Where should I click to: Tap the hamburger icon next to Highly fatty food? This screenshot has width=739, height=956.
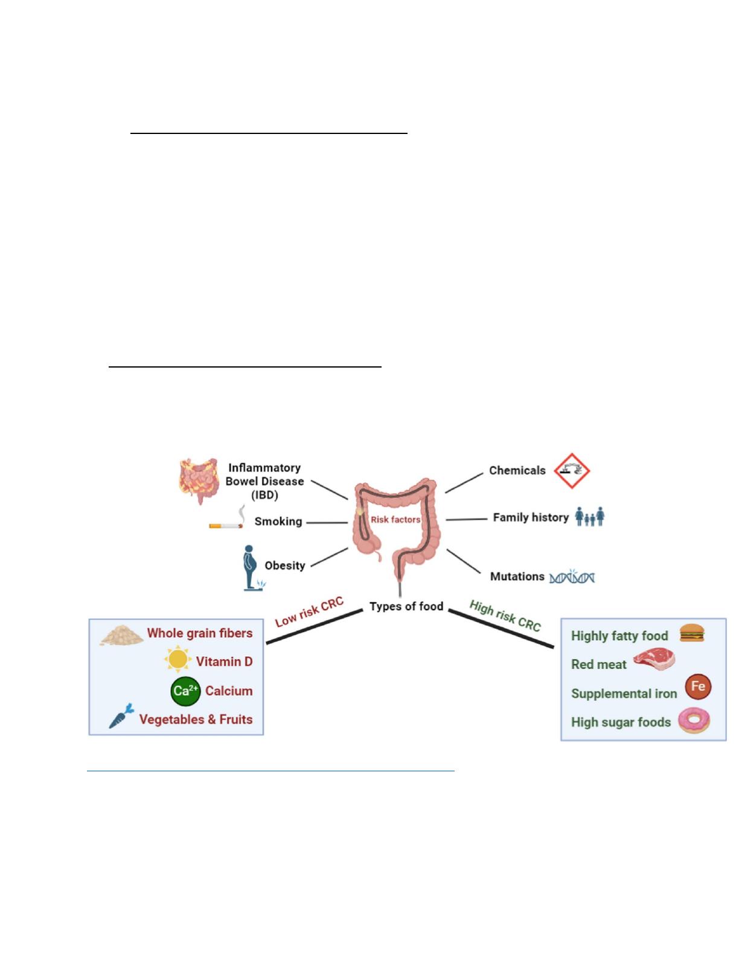pyautogui.click(x=692, y=633)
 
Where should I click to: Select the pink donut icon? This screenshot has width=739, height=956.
pyautogui.click(x=694, y=721)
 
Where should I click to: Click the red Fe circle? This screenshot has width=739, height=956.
pyautogui.click(x=698, y=687)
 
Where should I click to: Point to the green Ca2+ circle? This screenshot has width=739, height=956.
pyautogui.click(x=185, y=691)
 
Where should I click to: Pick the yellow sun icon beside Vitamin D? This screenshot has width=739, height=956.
pyautogui.click(x=178, y=660)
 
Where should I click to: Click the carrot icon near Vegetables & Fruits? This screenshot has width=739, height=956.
pyautogui.click(x=121, y=716)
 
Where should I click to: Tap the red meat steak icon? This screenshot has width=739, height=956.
pyautogui.click(x=654, y=660)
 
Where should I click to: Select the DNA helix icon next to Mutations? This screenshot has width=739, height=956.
pyautogui.click(x=572, y=577)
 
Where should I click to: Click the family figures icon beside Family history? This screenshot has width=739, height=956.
pyautogui.click(x=590, y=517)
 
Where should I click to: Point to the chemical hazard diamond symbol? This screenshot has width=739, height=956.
pyautogui.click(x=572, y=471)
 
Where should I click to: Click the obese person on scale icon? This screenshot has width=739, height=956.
pyautogui.click(x=251, y=567)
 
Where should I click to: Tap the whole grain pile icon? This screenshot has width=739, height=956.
pyautogui.click(x=121, y=635)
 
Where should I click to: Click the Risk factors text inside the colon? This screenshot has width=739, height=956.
pyautogui.click(x=395, y=519)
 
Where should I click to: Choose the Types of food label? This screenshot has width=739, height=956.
pyautogui.click(x=406, y=606)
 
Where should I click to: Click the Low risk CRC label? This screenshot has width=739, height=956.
pyautogui.click(x=309, y=612)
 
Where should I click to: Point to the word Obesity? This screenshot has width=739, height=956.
pyautogui.click(x=285, y=566)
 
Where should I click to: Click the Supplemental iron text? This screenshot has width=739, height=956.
pyautogui.click(x=624, y=693)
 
